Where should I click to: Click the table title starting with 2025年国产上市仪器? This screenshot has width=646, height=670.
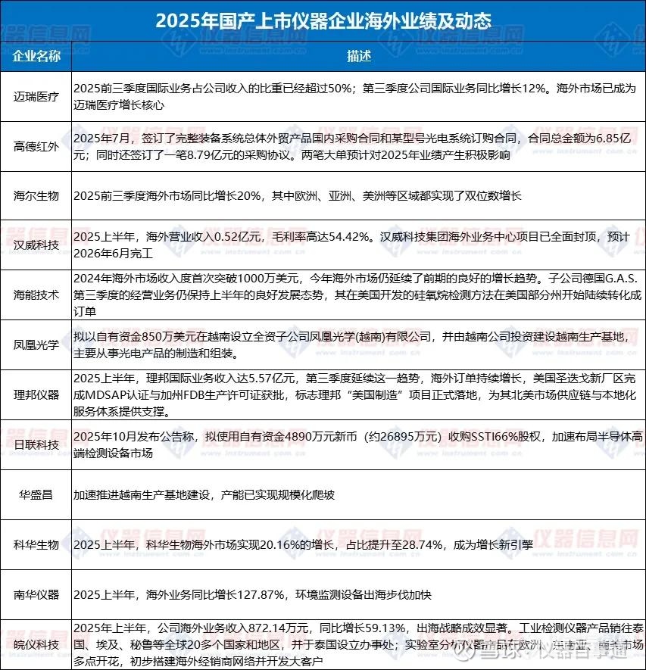pos(323,20)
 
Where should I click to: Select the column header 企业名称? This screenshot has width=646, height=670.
pos(36,56)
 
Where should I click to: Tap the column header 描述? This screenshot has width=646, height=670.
pos(359,56)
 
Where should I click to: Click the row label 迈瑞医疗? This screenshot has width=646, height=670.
pos(36,97)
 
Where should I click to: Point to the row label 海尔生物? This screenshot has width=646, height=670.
pos(36,195)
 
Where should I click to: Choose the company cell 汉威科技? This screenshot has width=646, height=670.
pos(36,245)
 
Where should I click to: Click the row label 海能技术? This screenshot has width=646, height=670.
pos(36,294)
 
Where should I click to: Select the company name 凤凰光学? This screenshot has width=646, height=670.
pos(36,344)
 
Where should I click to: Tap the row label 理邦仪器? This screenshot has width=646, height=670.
pos(36,394)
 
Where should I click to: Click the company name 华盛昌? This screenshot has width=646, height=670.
pos(36,494)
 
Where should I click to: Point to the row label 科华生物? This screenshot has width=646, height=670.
pos(36,544)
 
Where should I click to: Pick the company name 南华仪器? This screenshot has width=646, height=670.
pos(36,593)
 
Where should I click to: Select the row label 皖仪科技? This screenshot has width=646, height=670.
pos(36,644)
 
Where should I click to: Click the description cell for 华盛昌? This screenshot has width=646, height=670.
pos(204,494)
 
